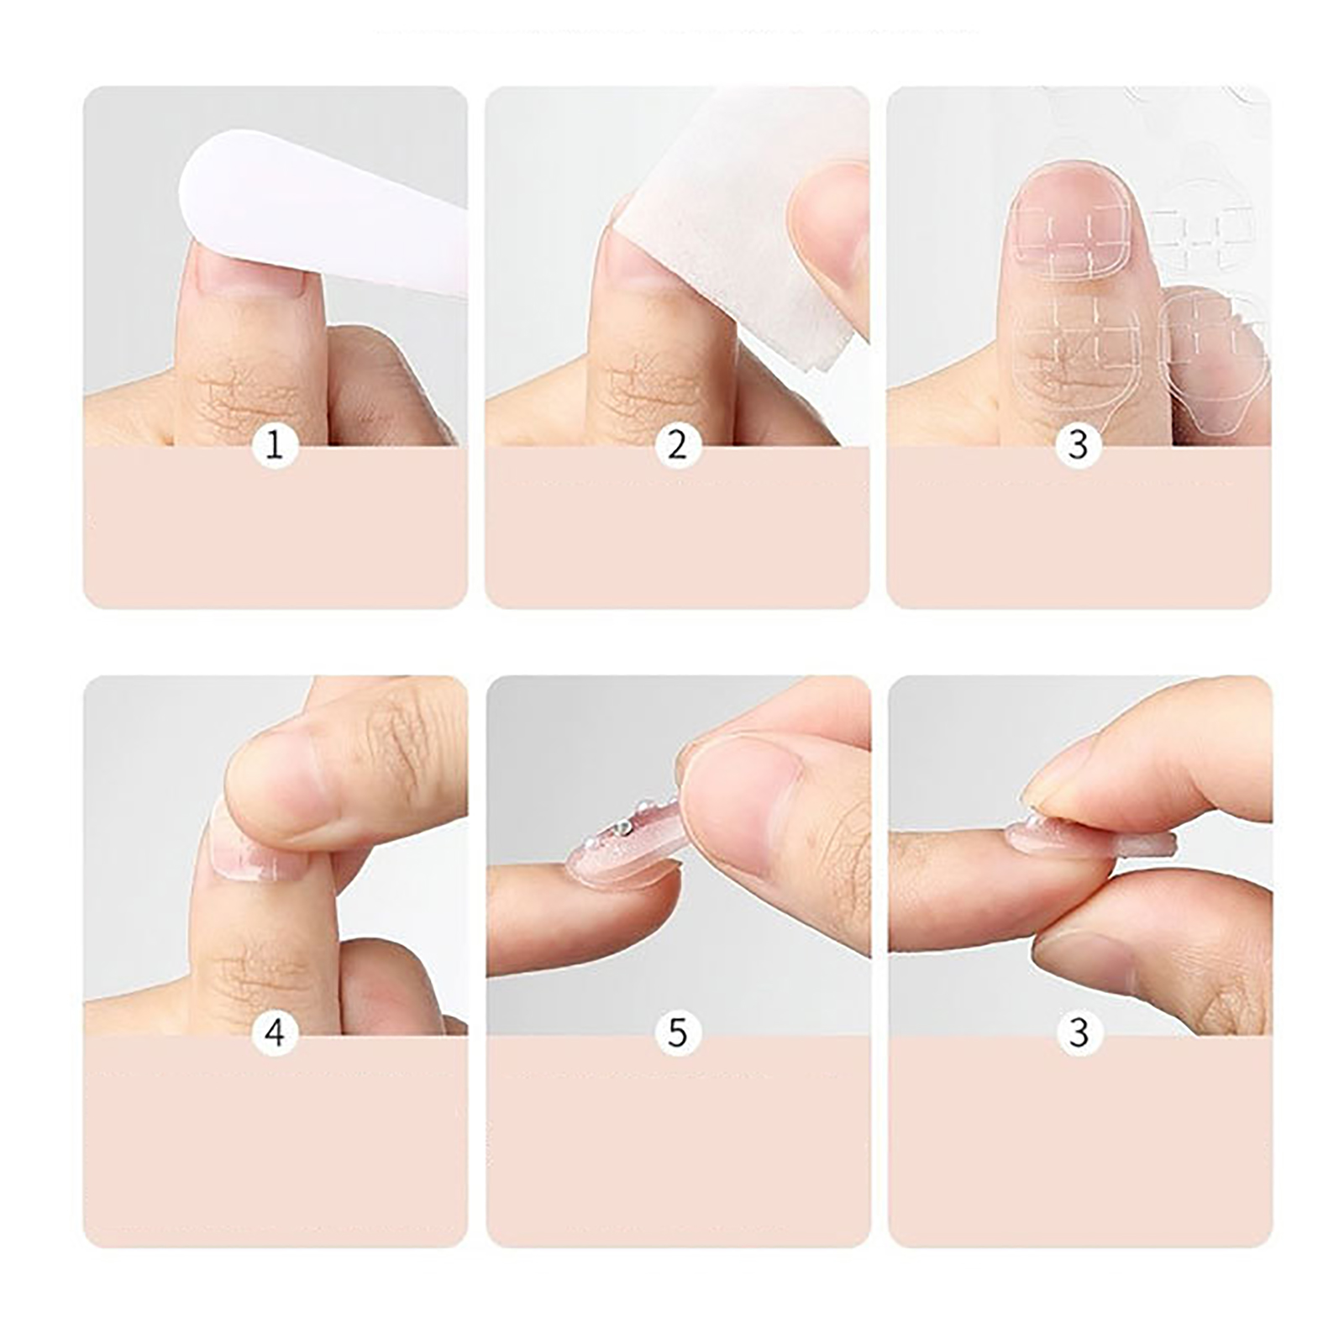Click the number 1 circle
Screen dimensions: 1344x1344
pyautogui.click(x=275, y=445)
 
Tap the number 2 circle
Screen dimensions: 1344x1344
pyautogui.click(x=678, y=445)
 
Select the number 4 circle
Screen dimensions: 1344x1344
pyautogui.click(x=275, y=1032)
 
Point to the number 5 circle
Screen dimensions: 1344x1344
pyautogui.click(x=678, y=1032)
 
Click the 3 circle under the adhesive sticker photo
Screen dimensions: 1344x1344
pyautogui.click(x=1079, y=445)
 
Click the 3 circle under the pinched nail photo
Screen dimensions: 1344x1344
pyautogui.click(x=1079, y=1032)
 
